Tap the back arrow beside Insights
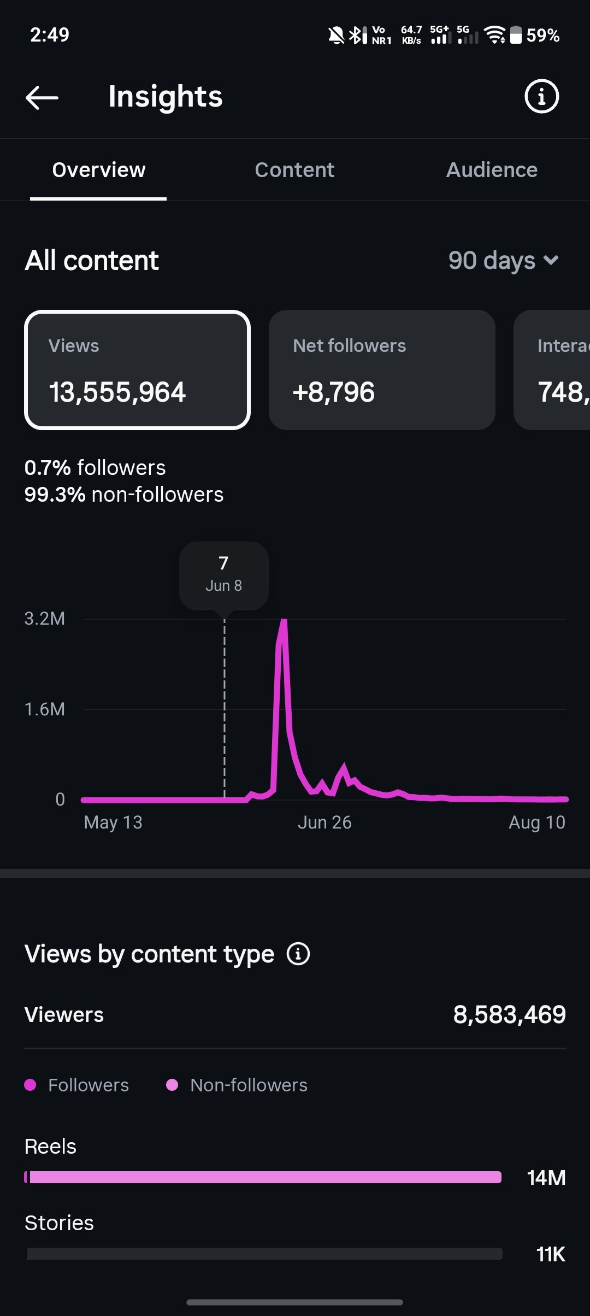pyautogui.click(x=42, y=97)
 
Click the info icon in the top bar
pyautogui.click(x=541, y=97)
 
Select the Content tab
pyautogui.click(x=294, y=170)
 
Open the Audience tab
pyautogui.click(x=492, y=170)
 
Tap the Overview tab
pyautogui.click(x=99, y=170)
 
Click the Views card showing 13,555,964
pyautogui.click(x=137, y=370)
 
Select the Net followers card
pyautogui.click(x=382, y=370)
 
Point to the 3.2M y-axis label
pyautogui.click(x=45, y=619)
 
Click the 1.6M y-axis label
pyautogui.click(x=45, y=709)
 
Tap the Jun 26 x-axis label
pyautogui.click(x=324, y=822)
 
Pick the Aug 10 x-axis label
pyautogui.click(x=537, y=822)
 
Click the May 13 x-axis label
pyautogui.click(x=113, y=822)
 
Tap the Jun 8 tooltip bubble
pyautogui.click(x=224, y=575)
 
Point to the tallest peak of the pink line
pyautogui.click(x=284, y=620)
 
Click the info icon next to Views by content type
pyautogui.click(x=298, y=954)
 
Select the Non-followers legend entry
pyautogui.click(x=237, y=1085)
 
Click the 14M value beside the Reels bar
pyautogui.click(x=546, y=1178)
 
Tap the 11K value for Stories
pyautogui.click(x=551, y=1254)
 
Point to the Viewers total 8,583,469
pyautogui.click(x=510, y=1015)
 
